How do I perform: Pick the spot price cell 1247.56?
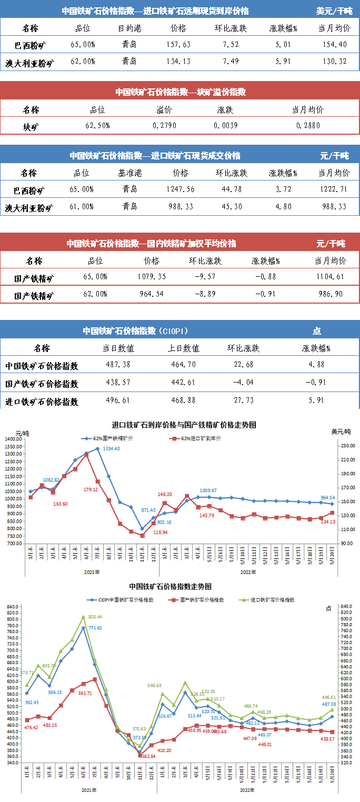pos(180,189)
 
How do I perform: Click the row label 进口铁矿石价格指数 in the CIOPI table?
pos(42,402)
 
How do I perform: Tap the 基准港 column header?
pos(129,173)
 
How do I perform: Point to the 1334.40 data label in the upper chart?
pos(110,448)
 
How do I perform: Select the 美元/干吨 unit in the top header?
pos(334,11)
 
